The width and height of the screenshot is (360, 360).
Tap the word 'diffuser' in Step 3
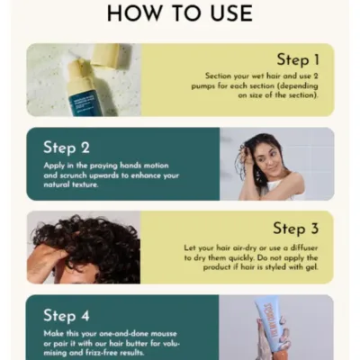(302, 247)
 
